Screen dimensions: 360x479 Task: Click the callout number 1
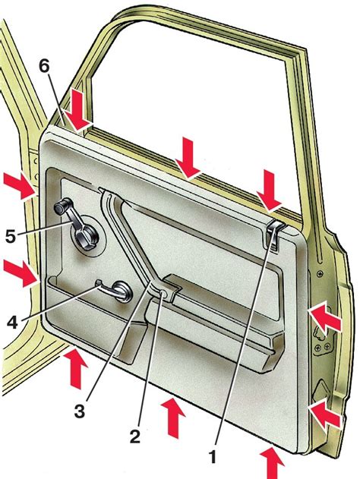pos(212,456)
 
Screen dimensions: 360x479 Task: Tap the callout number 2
pos(134,436)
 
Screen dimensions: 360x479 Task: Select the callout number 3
pos(80,410)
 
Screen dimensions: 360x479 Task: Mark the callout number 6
pos(44,65)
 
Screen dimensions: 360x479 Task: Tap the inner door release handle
pos(115,291)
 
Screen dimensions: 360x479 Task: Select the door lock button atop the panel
pos(275,233)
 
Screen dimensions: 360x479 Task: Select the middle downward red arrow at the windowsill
pos(188,158)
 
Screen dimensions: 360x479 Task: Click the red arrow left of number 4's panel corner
pos(21,273)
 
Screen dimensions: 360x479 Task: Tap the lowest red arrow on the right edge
pos(324,413)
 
